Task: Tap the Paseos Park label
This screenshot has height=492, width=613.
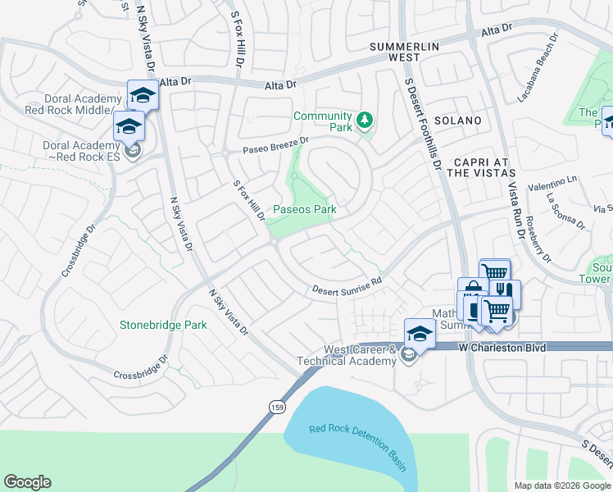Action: [304, 209]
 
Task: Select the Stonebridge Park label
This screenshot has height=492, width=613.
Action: [163, 325]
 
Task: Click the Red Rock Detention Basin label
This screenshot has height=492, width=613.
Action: [358, 447]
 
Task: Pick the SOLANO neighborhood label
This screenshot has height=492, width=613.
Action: [458, 121]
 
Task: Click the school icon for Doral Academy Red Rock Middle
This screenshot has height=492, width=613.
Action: [143, 95]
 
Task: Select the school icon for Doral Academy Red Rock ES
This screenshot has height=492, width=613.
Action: [129, 126]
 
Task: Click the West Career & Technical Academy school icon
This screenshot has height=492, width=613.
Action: [419, 334]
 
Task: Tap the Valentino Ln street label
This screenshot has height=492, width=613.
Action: [552, 179]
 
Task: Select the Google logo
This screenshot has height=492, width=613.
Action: [27, 482]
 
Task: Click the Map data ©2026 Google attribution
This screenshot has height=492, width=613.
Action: [562, 485]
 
